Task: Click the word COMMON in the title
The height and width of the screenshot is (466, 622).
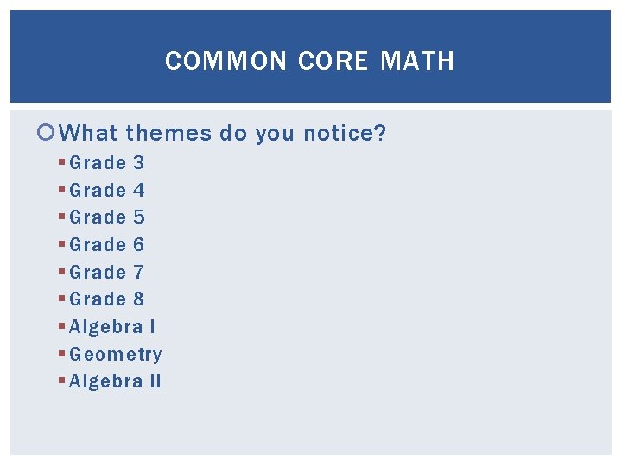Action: pyautogui.click(x=226, y=61)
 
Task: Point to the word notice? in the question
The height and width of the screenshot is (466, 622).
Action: pyautogui.click(x=345, y=134)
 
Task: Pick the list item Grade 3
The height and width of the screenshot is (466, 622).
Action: pyautogui.click(x=107, y=162)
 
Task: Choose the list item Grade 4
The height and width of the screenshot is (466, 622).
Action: pyautogui.click(x=107, y=190)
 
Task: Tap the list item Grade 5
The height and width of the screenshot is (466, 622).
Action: pyautogui.click(x=107, y=217)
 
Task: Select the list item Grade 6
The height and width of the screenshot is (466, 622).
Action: pyautogui.click(x=107, y=245)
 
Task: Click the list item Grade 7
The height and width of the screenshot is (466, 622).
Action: pyautogui.click(x=107, y=273)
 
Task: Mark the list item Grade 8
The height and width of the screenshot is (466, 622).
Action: pyautogui.click(x=107, y=299)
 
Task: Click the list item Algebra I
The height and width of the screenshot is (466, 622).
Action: pyautogui.click(x=112, y=327)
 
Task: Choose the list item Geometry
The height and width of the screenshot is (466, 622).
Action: pyautogui.click(x=116, y=355)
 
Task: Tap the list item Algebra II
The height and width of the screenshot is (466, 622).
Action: pyautogui.click(x=115, y=381)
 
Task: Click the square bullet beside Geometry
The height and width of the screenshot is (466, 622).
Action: pyautogui.click(x=62, y=355)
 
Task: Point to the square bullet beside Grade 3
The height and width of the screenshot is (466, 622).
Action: pyautogui.click(x=62, y=162)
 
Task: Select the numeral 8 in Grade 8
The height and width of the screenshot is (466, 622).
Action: pyautogui.click(x=138, y=299)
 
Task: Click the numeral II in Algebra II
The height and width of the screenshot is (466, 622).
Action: pyautogui.click(x=155, y=381)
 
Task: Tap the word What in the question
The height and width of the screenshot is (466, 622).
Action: pyautogui.click(x=91, y=134)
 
